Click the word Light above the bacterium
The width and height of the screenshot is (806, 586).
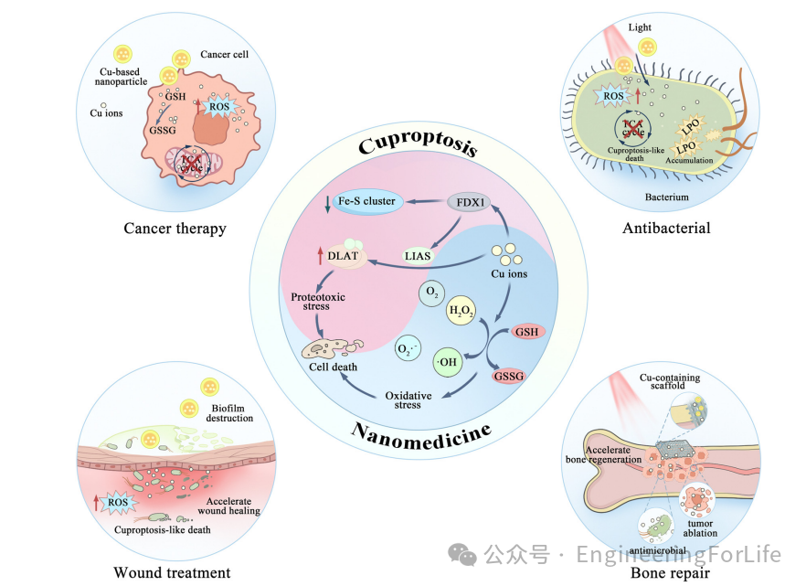point(640,27)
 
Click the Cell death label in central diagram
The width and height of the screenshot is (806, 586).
point(332,368)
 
